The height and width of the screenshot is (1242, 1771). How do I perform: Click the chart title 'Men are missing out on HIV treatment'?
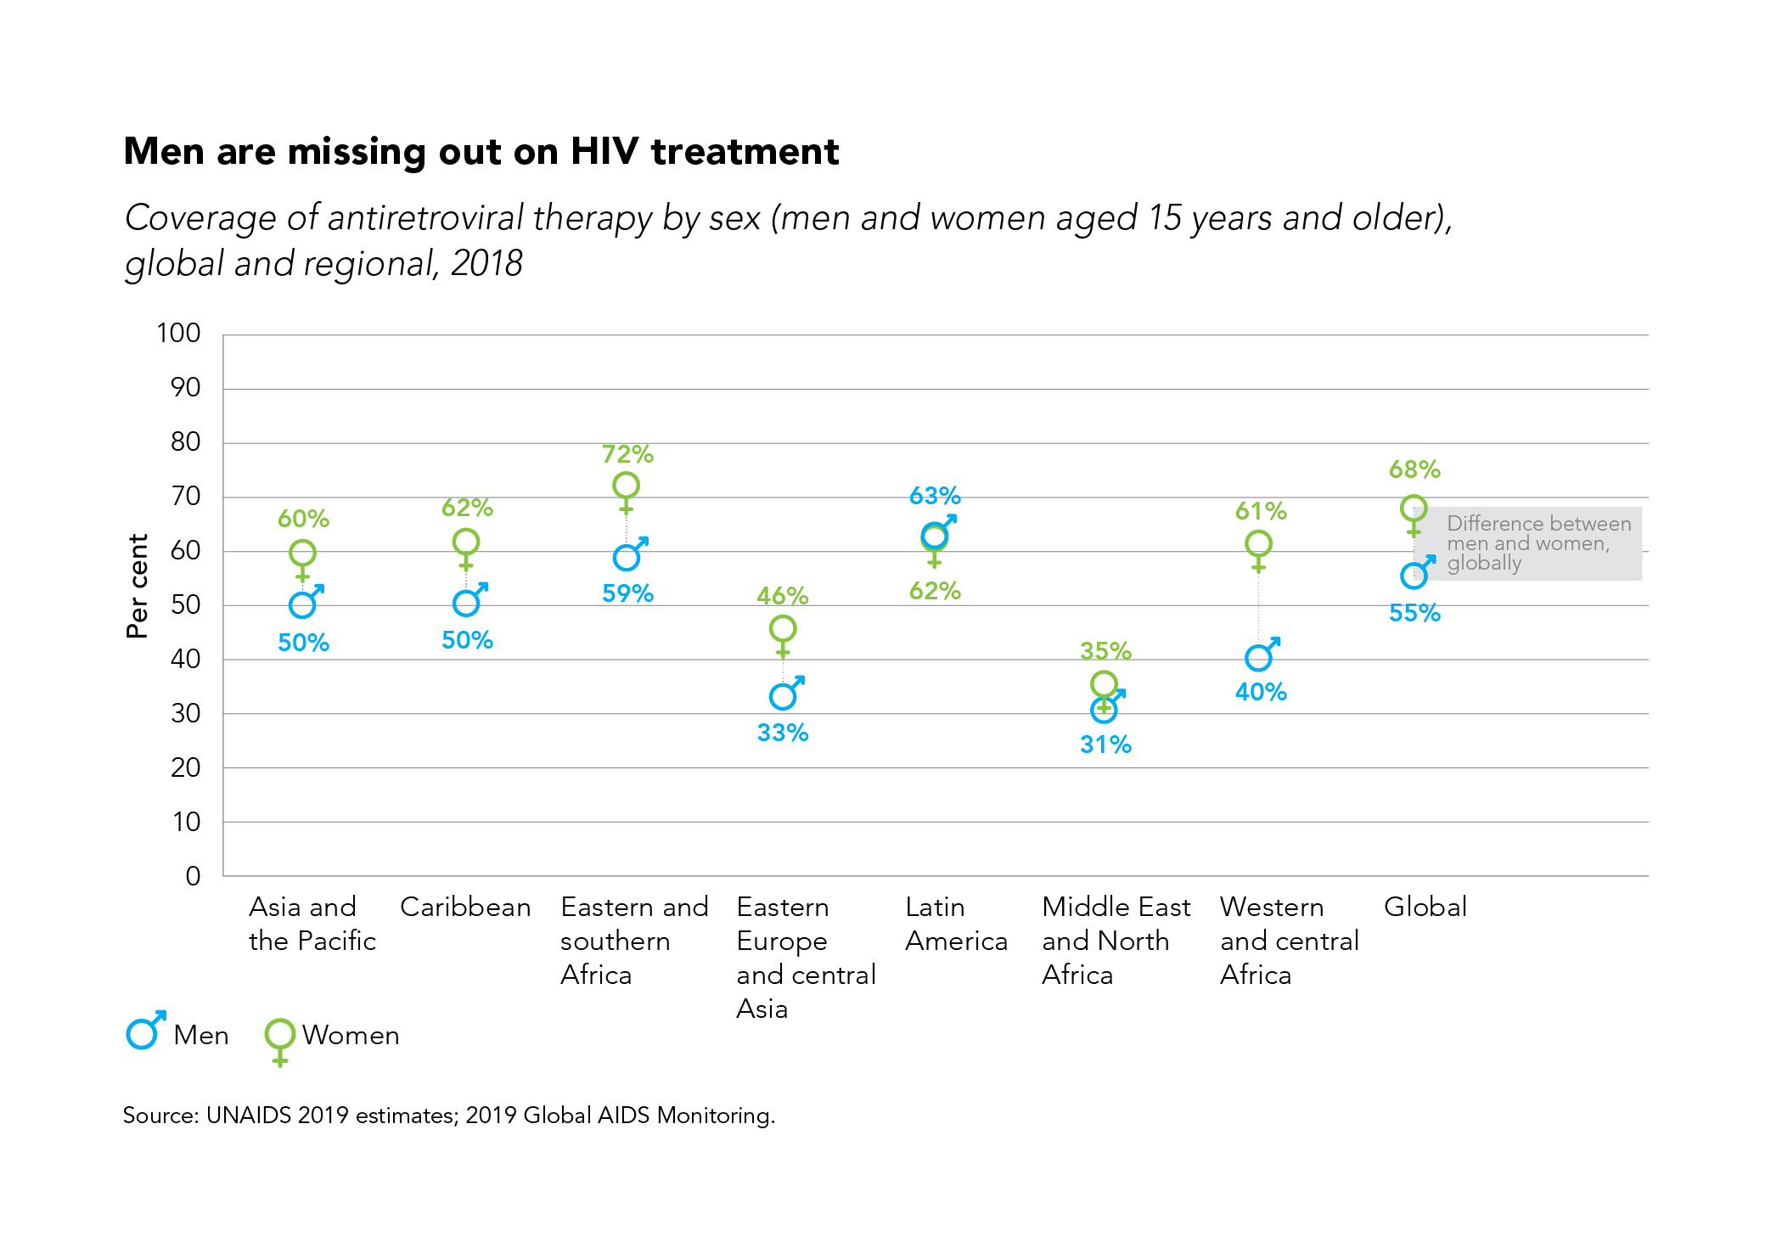point(481,152)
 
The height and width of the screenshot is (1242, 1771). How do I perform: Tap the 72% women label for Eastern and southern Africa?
point(627,454)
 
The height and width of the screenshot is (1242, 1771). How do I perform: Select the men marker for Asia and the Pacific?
point(303,604)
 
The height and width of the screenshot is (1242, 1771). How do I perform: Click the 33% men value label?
point(783,733)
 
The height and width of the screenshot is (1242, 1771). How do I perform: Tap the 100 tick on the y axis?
point(178,333)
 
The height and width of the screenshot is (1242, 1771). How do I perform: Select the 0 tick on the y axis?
point(193,876)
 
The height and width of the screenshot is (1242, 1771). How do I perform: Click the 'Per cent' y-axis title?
point(137,586)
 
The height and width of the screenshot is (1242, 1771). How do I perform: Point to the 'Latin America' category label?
point(956,924)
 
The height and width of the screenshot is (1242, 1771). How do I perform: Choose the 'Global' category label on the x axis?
point(1425,907)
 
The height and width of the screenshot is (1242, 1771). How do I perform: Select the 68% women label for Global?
point(1414,469)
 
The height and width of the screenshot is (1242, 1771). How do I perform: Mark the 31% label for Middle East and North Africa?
point(1105,745)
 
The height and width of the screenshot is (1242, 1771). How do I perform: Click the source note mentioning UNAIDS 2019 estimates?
point(448,1116)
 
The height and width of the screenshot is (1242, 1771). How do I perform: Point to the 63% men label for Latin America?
point(935,496)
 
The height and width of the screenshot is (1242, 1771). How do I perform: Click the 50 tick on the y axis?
point(185,604)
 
